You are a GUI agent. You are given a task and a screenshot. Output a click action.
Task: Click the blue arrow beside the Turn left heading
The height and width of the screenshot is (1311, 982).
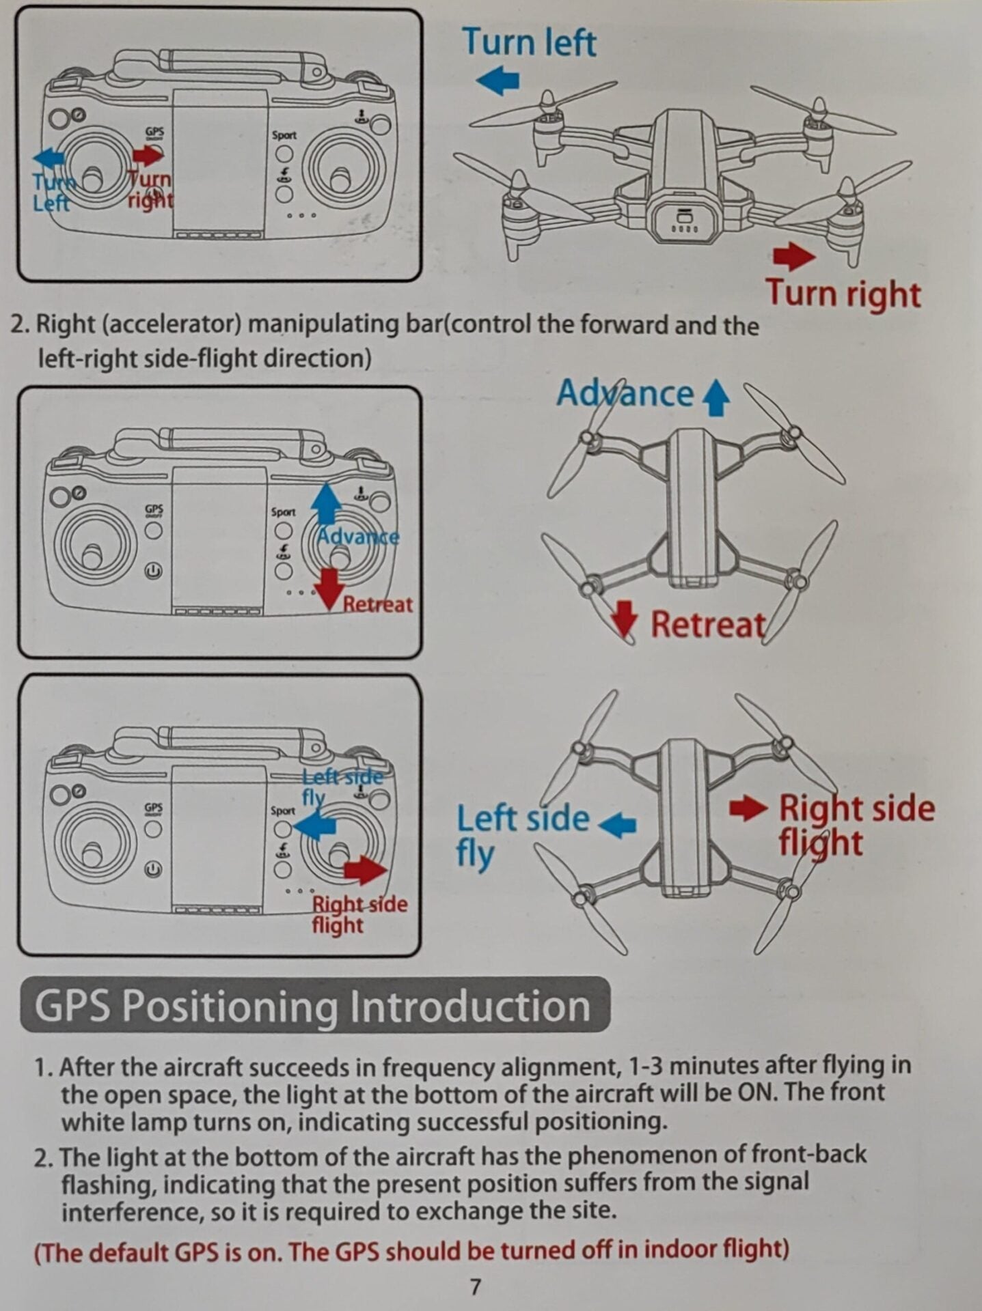coord(497,80)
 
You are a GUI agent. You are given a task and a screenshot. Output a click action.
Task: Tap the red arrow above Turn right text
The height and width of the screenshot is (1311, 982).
coord(793,256)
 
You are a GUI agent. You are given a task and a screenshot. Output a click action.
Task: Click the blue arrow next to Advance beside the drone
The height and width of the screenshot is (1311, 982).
coord(715,397)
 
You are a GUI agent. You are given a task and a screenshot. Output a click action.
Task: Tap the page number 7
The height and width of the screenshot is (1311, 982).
coord(475,1287)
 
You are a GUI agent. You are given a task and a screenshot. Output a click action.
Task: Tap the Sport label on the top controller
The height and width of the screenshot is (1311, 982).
coord(284,135)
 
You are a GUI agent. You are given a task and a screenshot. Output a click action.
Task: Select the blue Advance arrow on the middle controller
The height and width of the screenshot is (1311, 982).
coord(326,504)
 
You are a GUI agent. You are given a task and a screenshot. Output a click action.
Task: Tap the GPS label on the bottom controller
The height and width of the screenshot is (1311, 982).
coord(154,808)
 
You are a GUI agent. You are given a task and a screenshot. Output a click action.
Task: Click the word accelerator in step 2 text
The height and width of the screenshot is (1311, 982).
coord(171,324)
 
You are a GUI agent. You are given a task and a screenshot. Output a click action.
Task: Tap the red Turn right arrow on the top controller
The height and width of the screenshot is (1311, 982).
coord(148,155)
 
